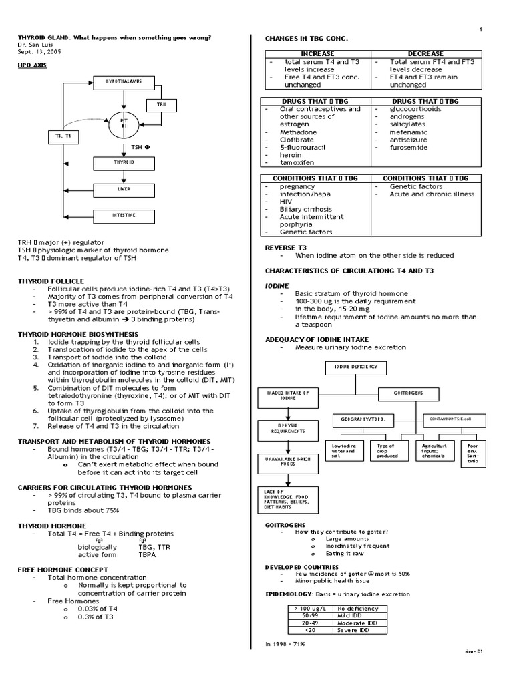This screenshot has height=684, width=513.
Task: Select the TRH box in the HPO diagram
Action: [x=162, y=104]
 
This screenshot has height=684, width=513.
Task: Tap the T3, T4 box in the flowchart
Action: [x=55, y=136]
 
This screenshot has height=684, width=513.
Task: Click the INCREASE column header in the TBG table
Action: [x=317, y=53]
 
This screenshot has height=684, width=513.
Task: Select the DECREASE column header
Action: [x=425, y=53]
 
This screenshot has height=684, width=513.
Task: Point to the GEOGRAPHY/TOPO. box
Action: [x=363, y=419]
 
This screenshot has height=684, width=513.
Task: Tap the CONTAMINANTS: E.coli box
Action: [x=452, y=419]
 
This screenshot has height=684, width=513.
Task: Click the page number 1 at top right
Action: [x=480, y=29]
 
